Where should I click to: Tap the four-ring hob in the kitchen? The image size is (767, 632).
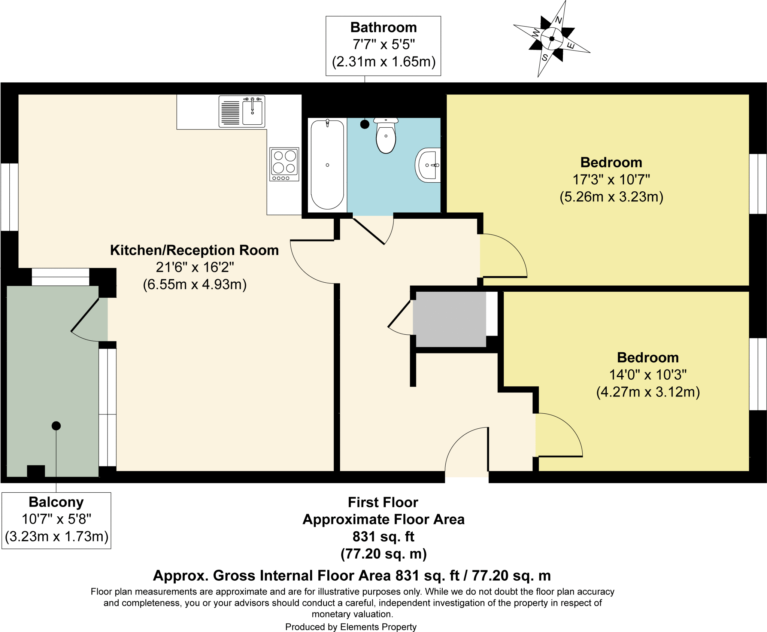coord(284,162)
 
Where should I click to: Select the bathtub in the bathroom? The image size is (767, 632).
coord(327,165)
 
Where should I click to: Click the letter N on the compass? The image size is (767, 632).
coord(558,20)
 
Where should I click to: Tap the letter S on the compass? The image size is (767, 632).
coord(545,57)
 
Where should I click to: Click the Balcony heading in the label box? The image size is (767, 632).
coord(56,502)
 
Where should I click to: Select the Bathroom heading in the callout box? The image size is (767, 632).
coord(383,27)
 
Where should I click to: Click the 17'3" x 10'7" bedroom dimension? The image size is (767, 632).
coord(611,180)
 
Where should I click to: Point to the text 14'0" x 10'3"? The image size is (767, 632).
coord(648,375)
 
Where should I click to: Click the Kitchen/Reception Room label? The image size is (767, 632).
coord(194,250)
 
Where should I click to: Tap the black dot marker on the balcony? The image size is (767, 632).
coord(56,426)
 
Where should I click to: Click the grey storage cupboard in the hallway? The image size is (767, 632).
coord(450,319)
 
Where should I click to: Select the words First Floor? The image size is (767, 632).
coord(383,502)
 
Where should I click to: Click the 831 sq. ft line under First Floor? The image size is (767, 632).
coord(383,537)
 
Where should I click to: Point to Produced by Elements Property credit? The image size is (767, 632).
coord(351,627)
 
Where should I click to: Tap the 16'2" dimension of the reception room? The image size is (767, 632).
coord(218,267)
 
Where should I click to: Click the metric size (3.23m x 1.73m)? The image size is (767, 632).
coord(57,537)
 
